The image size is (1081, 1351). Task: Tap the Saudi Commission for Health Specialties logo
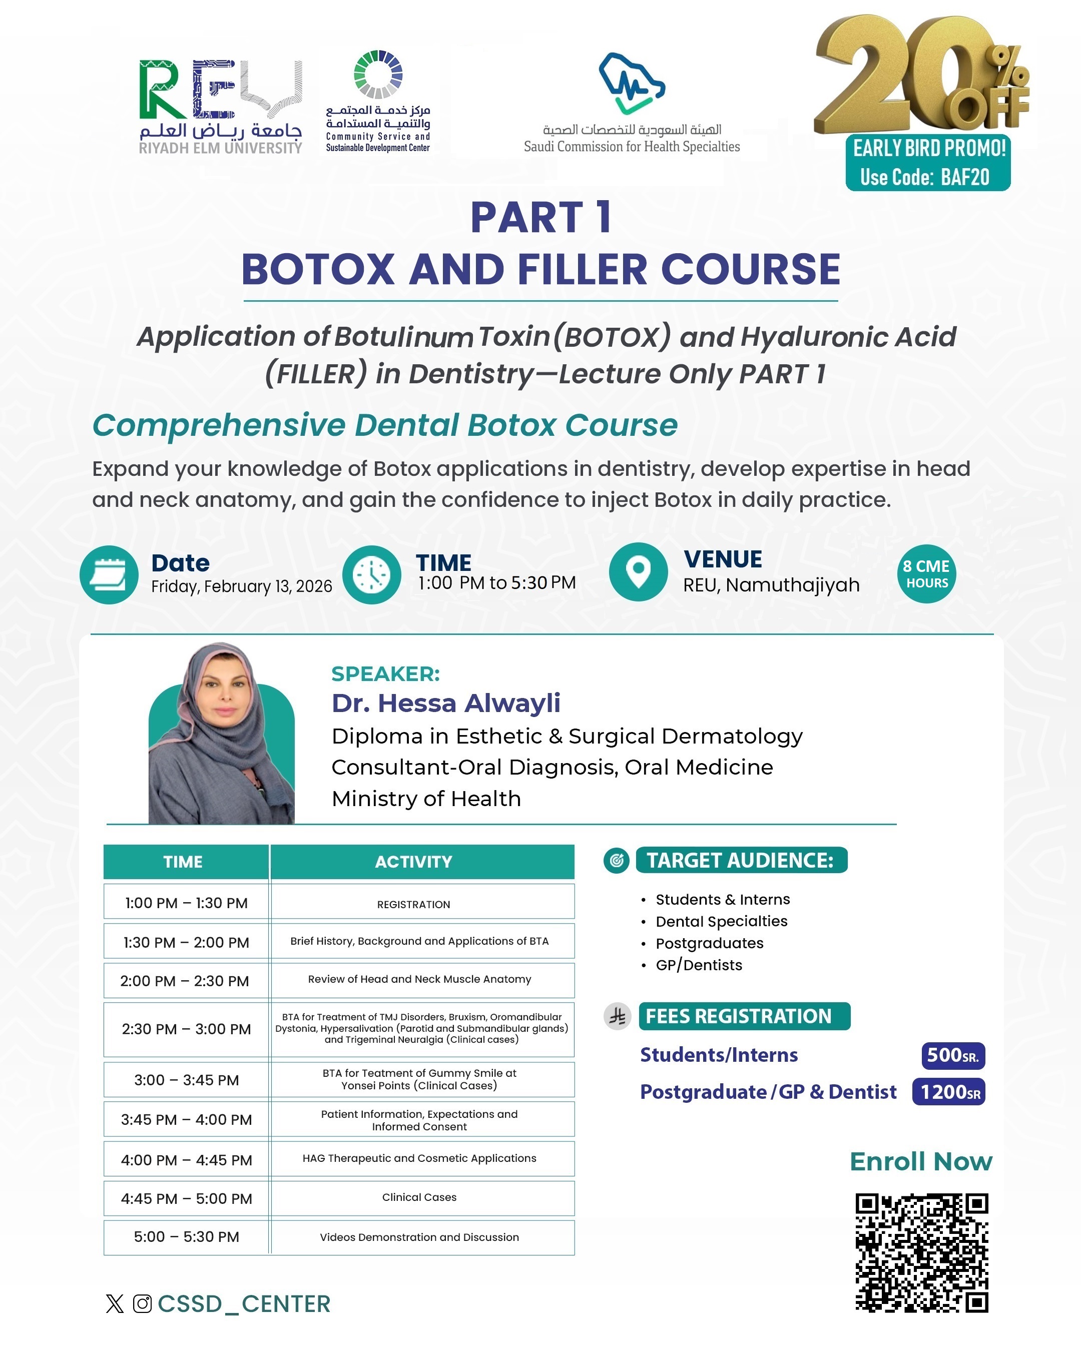pyautogui.click(x=632, y=104)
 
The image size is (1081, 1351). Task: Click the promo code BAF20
pyautogui.click(x=964, y=177)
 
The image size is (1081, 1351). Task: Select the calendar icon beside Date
pyautogui.click(x=109, y=574)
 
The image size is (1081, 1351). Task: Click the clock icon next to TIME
pyautogui.click(x=372, y=574)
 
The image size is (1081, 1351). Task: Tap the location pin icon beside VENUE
pyautogui.click(x=638, y=571)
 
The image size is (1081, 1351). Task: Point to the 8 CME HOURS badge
pyautogui.click(x=926, y=574)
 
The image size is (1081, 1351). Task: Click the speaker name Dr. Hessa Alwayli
pyautogui.click(x=445, y=703)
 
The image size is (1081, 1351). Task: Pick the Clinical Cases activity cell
pyautogui.click(x=419, y=1197)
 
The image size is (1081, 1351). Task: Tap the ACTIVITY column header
pyautogui.click(x=413, y=862)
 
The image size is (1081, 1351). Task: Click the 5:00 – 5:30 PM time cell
pyautogui.click(x=186, y=1237)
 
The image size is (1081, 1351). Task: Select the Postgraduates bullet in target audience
pyautogui.click(x=709, y=943)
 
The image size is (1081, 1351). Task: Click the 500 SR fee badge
pyautogui.click(x=952, y=1055)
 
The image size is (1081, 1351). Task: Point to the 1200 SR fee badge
pyautogui.click(x=949, y=1092)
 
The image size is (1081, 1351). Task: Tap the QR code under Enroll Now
pyautogui.click(x=921, y=1252)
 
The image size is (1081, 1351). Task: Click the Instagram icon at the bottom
pyautogui.click(x=142, y=1304)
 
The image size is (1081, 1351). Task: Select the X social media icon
pyautogui.click(x=115, y=1304)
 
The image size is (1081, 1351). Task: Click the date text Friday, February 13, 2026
pyautogui.click(x=241, y=586)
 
